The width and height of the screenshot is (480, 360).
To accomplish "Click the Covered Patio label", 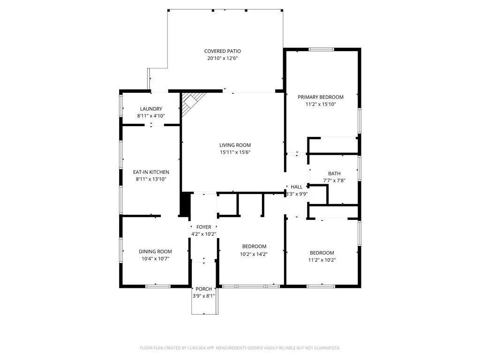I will (222, 51).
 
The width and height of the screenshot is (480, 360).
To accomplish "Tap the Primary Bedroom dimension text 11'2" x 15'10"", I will (321, 105).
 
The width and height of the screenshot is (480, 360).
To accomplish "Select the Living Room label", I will (235, 145).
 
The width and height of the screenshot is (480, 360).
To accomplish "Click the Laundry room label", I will (150, 109).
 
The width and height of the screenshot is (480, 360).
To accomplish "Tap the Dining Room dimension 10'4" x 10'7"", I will (155, 259).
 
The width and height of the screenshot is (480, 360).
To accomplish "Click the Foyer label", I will (203, 227).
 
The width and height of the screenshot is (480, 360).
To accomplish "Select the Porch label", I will (203, 289).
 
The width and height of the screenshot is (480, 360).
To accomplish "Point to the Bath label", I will (334, 173).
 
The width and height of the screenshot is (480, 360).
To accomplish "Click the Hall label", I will (297, 187).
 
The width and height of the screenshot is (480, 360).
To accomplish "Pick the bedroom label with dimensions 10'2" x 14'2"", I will (254, 247).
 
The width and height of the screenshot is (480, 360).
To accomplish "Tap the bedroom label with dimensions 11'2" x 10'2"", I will (321, 253).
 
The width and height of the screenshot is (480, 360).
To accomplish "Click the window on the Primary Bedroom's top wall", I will (321, 49).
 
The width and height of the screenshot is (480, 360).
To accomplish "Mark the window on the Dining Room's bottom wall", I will (157, 286).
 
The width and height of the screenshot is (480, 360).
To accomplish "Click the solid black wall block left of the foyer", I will (186, 204).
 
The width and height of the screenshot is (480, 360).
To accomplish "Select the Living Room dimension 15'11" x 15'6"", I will (235, 152).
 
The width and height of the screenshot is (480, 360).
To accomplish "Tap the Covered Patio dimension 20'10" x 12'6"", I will (222, 59).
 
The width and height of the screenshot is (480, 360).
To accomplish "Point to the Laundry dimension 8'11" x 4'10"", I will (150, 116).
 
